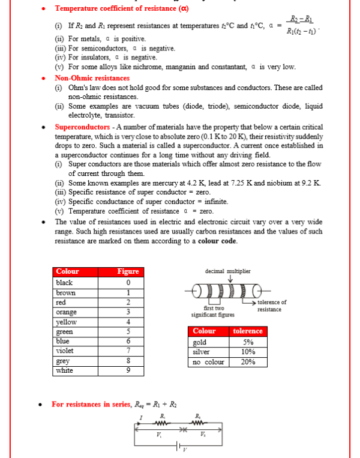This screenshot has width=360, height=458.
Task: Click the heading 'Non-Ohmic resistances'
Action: point(92,78)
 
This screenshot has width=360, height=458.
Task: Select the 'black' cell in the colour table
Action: point(64,283)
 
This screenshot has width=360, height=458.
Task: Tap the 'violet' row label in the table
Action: point(65,351)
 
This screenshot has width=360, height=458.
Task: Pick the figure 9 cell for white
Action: point(128,370)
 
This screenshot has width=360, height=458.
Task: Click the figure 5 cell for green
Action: point(128,331)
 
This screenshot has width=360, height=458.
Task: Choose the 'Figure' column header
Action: point(128,271)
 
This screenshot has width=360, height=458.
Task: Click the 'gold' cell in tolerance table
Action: point(200,342)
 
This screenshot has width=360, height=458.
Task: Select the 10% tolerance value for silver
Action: point(248,352)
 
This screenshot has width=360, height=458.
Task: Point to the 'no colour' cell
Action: point(208,362)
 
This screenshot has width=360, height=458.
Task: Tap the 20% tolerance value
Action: point(248,362)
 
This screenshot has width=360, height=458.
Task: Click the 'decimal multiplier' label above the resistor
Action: point(228,271)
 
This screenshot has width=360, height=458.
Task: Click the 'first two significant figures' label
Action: point(212,312)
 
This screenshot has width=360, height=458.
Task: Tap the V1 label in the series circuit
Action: point(158,434)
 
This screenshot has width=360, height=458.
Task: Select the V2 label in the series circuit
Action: point(202,434)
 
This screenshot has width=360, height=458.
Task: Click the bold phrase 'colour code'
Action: point(219,241)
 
